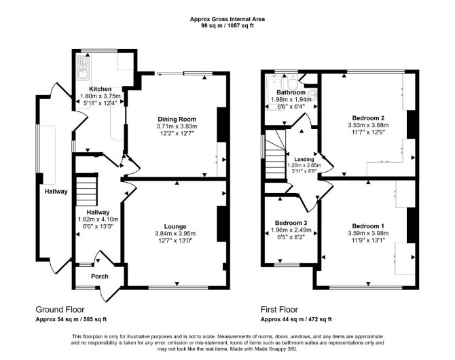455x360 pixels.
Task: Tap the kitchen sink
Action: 84,68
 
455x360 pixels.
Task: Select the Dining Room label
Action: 177,119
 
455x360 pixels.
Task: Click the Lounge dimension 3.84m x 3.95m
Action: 175,234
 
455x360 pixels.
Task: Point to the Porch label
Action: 100,276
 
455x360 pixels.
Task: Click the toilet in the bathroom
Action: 292,83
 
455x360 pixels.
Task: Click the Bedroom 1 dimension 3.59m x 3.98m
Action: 368,233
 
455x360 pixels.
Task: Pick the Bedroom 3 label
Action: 291,223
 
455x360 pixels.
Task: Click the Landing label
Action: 304,160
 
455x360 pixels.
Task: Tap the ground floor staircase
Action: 86,190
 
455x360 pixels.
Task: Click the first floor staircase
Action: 276,154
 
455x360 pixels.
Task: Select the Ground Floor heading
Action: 60,310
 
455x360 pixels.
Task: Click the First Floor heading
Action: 279,310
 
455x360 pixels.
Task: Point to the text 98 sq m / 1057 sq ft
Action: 227,25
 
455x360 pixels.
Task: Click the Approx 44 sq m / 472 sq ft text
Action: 296,319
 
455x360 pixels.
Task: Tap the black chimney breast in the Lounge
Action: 222,224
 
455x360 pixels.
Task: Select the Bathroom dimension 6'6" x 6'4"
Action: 291,107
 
